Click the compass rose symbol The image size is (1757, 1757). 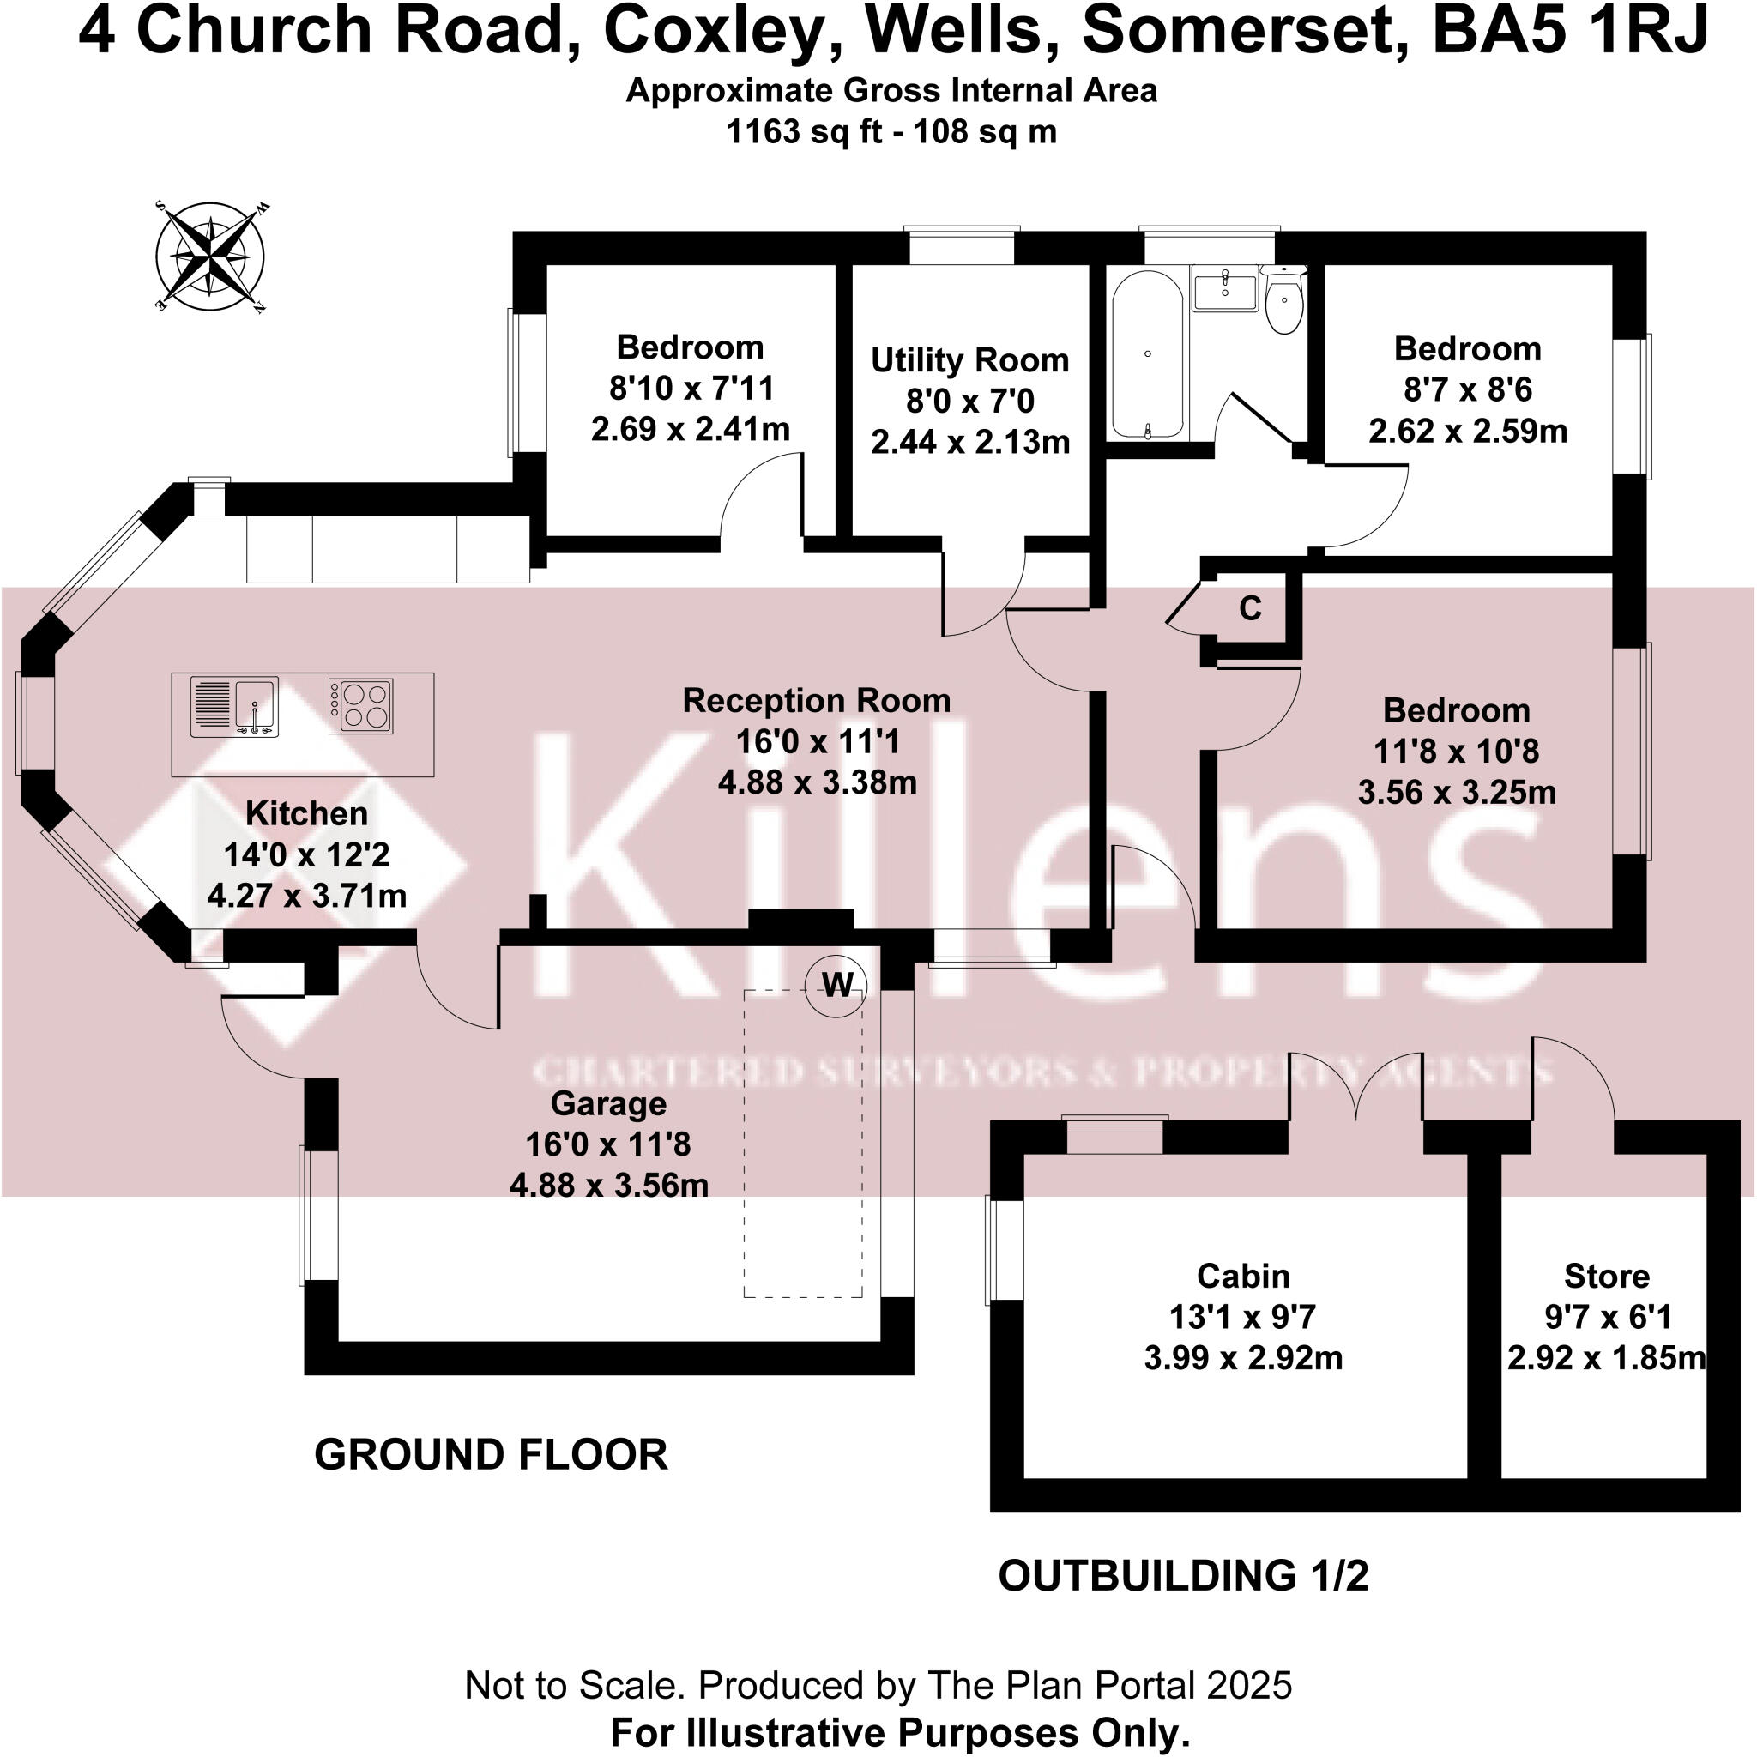(211, 255)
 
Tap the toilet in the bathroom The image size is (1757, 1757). (1283, 300)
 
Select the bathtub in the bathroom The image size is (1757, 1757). (1147, 354)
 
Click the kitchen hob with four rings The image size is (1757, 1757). (360, 706)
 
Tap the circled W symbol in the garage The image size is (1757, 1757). (836, 984)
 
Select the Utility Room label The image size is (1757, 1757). (969, 360)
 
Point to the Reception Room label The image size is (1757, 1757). (817, 701)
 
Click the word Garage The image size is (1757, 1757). (608, 1104)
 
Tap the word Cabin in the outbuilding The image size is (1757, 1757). (1242, 1276)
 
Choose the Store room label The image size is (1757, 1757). (1606, 1276)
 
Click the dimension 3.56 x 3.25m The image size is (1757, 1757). (1456, 792)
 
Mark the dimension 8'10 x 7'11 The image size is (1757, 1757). (691, 389)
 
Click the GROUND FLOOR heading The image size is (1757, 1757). (491, 1455)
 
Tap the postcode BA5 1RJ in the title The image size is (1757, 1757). (1570, 31)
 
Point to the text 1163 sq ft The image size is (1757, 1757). (804, 132)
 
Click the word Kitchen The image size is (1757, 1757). (306, 814)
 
